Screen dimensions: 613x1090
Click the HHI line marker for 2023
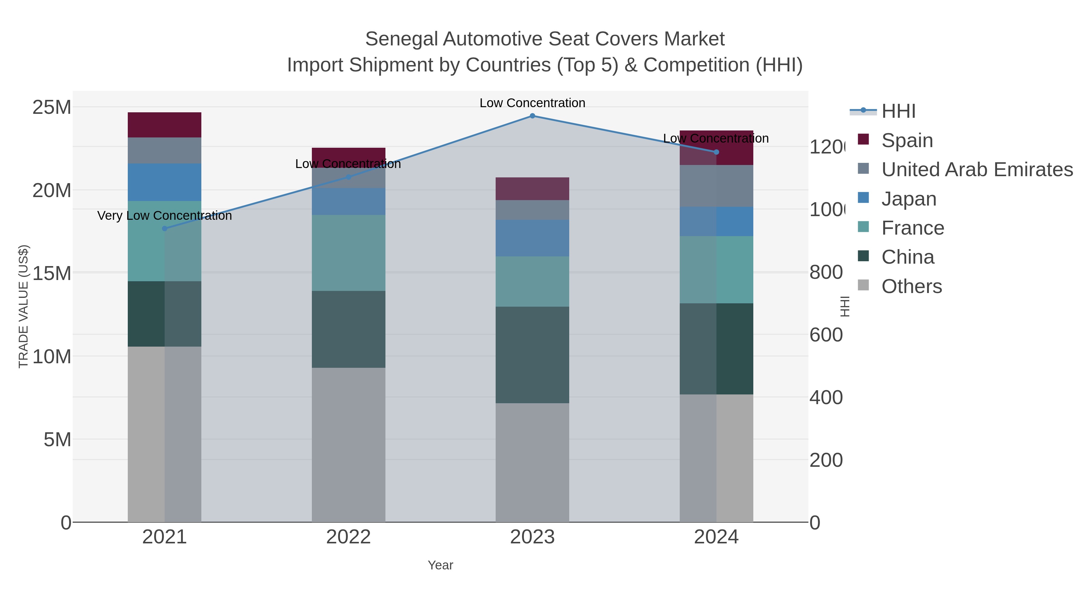(532, 116)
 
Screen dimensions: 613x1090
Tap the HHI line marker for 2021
(165, 229)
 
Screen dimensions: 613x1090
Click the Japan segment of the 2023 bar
(532, 238)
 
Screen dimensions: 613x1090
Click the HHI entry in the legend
(898, 111)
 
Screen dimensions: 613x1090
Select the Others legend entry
(911, 286)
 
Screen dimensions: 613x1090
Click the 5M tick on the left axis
(57, 440)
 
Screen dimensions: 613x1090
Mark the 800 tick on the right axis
(826, 272)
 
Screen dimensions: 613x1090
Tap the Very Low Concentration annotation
(165, 216)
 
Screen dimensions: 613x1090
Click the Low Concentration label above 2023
(532, 103)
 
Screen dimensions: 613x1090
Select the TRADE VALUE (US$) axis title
(23, 306)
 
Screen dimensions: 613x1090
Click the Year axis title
(440, 565)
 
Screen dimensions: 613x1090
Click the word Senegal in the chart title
(401, 39)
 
